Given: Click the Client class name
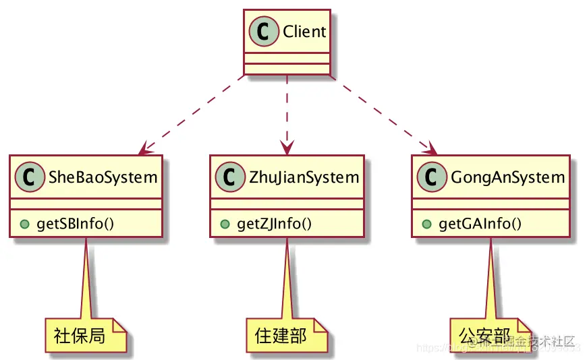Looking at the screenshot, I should coord(304,32).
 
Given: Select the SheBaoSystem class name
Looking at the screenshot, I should coord(103,178).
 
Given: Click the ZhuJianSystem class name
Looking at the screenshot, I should coord(304,178).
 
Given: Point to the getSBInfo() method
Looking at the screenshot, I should coord(75,223).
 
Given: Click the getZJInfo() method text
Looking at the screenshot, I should coord(274,223).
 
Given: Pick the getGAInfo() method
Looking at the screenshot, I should coord(480,223).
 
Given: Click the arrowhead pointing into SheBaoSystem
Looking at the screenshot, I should coord(144,149).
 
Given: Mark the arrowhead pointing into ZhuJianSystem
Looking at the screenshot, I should coord(288,148).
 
